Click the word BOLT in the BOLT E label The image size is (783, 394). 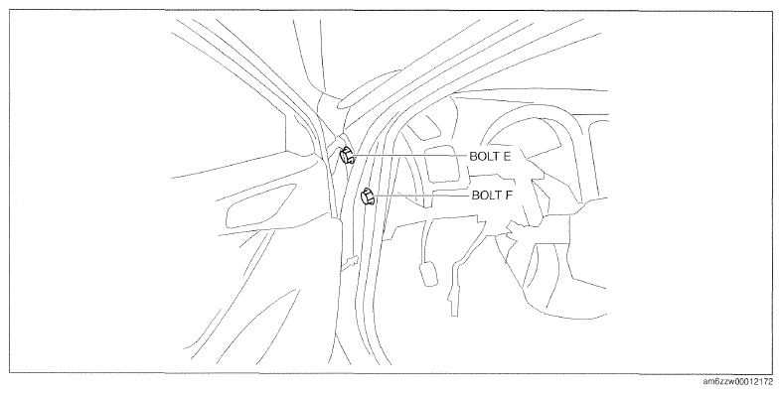coord(483,156)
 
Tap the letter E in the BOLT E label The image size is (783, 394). coord(506,156)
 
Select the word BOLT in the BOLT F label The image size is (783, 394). coord(485,195)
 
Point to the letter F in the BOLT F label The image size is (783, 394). coord(508,195)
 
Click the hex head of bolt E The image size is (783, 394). coord(347,156)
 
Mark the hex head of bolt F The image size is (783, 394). coord(368,196)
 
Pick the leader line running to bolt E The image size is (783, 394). coord(410,156)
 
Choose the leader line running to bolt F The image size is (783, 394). coord(422,196)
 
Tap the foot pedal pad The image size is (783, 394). coord(429,275)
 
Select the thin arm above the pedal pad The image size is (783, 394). coord(426,242)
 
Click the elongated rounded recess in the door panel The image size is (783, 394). coord(259,206)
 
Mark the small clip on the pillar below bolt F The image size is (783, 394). coord(350,262)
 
